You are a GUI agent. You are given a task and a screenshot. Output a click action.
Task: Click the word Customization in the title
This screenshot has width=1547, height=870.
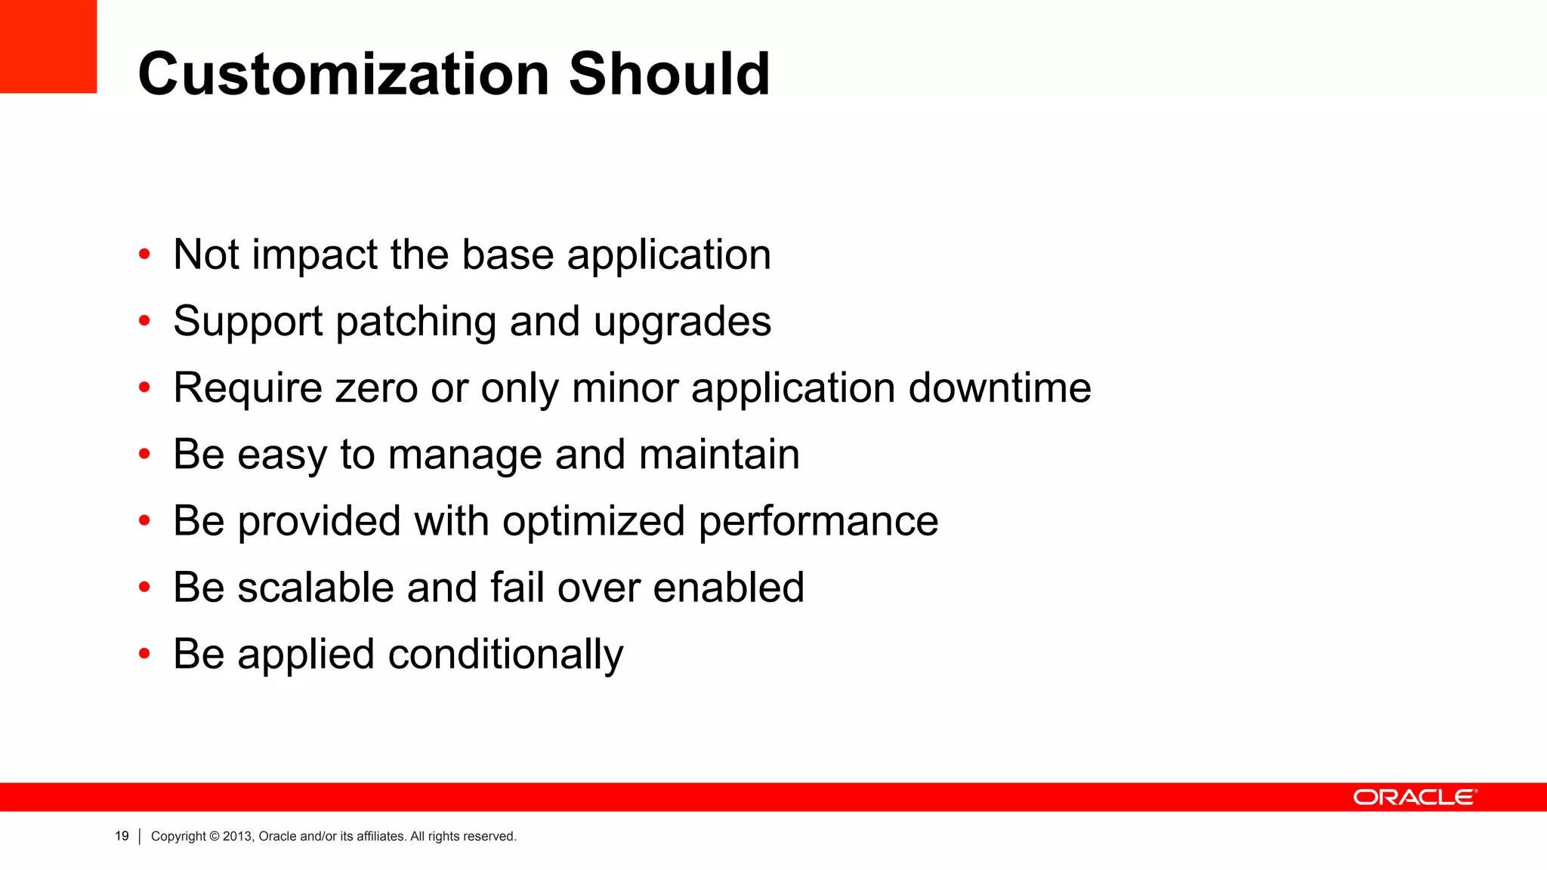(x=344, y=74)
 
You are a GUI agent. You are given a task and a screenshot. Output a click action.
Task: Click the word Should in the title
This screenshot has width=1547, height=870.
(x=669, y=74)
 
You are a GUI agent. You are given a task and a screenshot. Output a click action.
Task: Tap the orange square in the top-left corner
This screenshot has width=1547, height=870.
(x=48, y=46)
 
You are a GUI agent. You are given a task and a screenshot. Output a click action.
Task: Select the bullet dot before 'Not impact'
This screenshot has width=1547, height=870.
(x=144, y=255)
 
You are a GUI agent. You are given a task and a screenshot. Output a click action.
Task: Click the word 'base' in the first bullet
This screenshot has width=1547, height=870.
(x=508, y=255)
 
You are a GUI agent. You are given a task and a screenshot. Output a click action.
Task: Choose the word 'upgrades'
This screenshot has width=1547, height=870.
(x=682, y=322)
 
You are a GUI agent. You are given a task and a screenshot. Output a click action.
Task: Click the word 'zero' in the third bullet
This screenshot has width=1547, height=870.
(x=376, y=388)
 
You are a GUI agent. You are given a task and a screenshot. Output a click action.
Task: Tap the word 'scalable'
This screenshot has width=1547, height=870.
(x=316, y=588)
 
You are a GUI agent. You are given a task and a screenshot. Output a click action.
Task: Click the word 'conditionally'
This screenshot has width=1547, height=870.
(x=505, y=654)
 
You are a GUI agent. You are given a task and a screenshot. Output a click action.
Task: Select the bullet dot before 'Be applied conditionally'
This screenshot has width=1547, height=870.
(x=144, y=654)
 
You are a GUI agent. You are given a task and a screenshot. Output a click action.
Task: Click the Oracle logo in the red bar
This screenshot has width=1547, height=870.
(x=1415, y=797)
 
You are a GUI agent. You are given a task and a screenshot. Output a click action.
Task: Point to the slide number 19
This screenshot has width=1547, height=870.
(x=122, y=836)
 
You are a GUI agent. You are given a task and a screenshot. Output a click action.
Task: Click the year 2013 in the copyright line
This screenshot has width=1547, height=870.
(x=237, y=836)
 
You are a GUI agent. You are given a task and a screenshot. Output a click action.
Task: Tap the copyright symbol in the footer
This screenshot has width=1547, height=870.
(x=215, y=836)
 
